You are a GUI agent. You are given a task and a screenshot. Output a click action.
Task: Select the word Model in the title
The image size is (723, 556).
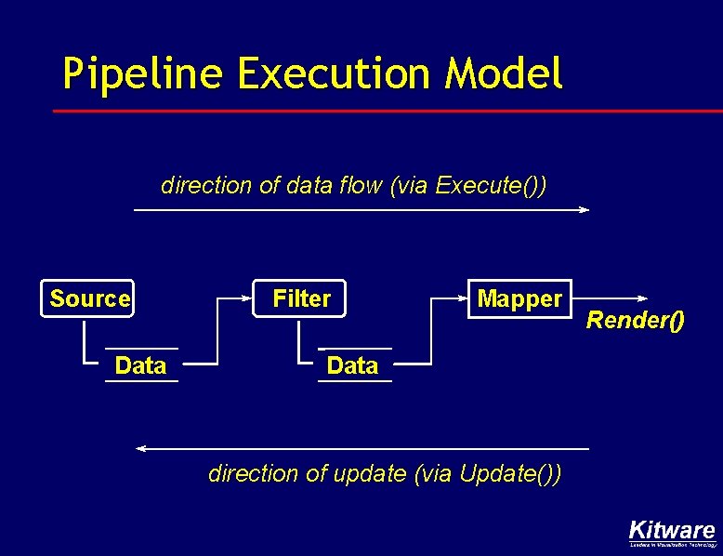click(505, 73)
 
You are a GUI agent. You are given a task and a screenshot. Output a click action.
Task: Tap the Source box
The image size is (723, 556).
click(89, 298)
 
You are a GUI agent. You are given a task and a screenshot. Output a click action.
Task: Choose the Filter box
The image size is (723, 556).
click(301, 298)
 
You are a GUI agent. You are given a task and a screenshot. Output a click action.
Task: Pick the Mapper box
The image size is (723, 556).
click(519, 298)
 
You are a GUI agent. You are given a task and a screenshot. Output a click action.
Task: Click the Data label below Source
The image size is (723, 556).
click(140, 365)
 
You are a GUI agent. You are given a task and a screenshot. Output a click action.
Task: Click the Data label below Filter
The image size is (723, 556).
click(352, 365)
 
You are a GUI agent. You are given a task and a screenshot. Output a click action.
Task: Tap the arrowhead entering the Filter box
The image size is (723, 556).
click(250, 299)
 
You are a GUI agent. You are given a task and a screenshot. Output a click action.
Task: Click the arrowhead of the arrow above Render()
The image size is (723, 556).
click(643, 298)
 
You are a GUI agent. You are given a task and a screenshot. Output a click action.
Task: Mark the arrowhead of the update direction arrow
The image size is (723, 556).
click(141, 449)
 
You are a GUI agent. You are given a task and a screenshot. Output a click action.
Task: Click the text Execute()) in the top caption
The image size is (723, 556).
click(491, 185)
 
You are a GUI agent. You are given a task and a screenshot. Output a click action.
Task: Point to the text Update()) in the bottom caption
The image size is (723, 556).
click(510, 473)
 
